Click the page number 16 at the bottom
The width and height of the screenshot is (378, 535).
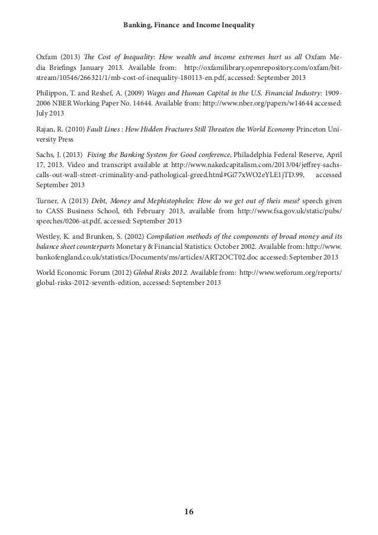tap(190, 511)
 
